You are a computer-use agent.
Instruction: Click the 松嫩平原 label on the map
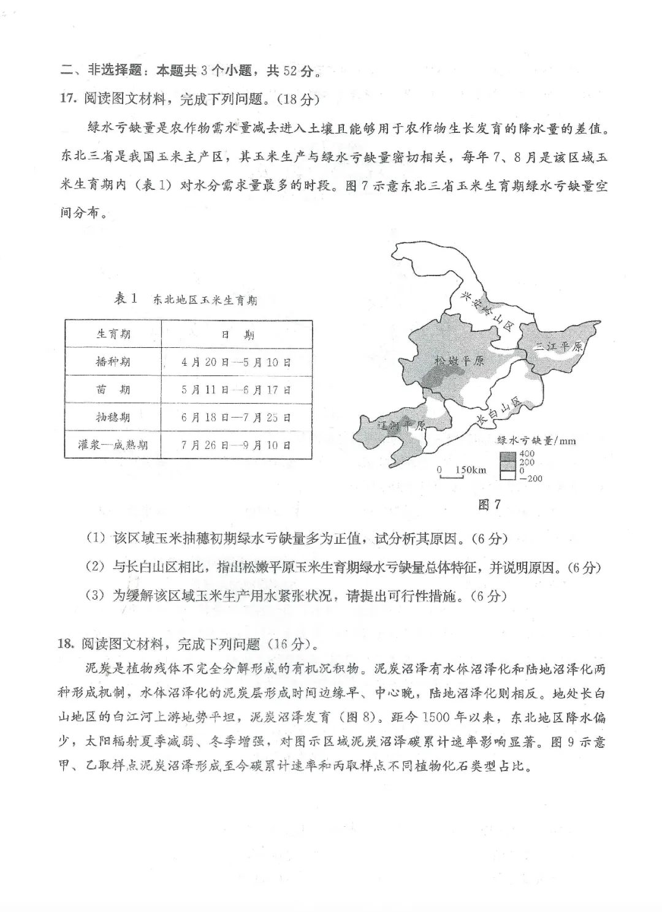(459, 360)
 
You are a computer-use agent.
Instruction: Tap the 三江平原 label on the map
(557, 347)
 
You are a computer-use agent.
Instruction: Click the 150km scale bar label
(470, 470)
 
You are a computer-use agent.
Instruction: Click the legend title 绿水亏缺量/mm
(536, 440)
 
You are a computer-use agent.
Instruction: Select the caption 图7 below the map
(489, 505)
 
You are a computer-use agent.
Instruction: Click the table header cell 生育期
(113, 334)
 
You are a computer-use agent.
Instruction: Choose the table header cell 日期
(237, 334)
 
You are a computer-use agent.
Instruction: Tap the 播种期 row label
(113, 361)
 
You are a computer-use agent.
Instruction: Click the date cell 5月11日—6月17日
(236, 390)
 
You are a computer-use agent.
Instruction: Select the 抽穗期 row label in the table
(113, 417)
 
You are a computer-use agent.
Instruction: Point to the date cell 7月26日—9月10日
(236, 445)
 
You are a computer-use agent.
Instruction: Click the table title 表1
(126, 299)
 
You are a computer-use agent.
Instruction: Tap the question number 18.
(67, 643)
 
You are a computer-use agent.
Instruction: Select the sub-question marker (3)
(96, 595)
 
